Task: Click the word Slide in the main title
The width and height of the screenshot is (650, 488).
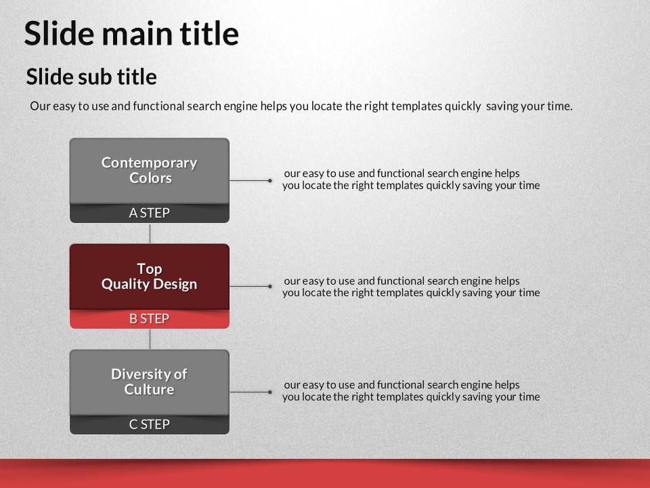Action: coord(60,33)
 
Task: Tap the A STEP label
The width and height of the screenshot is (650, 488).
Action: coord(149,213)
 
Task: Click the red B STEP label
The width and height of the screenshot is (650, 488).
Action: coord(149,319)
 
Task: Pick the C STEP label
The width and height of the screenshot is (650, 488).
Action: coord(149,424)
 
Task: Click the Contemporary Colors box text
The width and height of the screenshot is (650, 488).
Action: coord(149,170)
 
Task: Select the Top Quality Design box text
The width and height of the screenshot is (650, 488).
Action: coord(149,277)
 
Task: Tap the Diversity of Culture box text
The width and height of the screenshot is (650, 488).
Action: coord(149,382)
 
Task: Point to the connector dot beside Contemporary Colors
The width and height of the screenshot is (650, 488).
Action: coord(270,180)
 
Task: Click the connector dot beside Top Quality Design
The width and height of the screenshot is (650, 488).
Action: coord(270,286)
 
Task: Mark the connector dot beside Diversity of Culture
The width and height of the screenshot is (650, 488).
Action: coord(270,392)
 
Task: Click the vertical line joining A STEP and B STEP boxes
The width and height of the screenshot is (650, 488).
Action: coord(150,233)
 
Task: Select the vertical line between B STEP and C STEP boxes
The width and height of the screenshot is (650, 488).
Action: coord(150,339)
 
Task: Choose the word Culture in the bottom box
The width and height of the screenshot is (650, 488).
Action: coord(149,390)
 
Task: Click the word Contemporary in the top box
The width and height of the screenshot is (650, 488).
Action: coord(149,163)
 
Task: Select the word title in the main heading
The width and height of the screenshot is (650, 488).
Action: coord(209,33)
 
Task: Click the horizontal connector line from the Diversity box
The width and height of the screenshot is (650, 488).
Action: coord(250,392)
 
